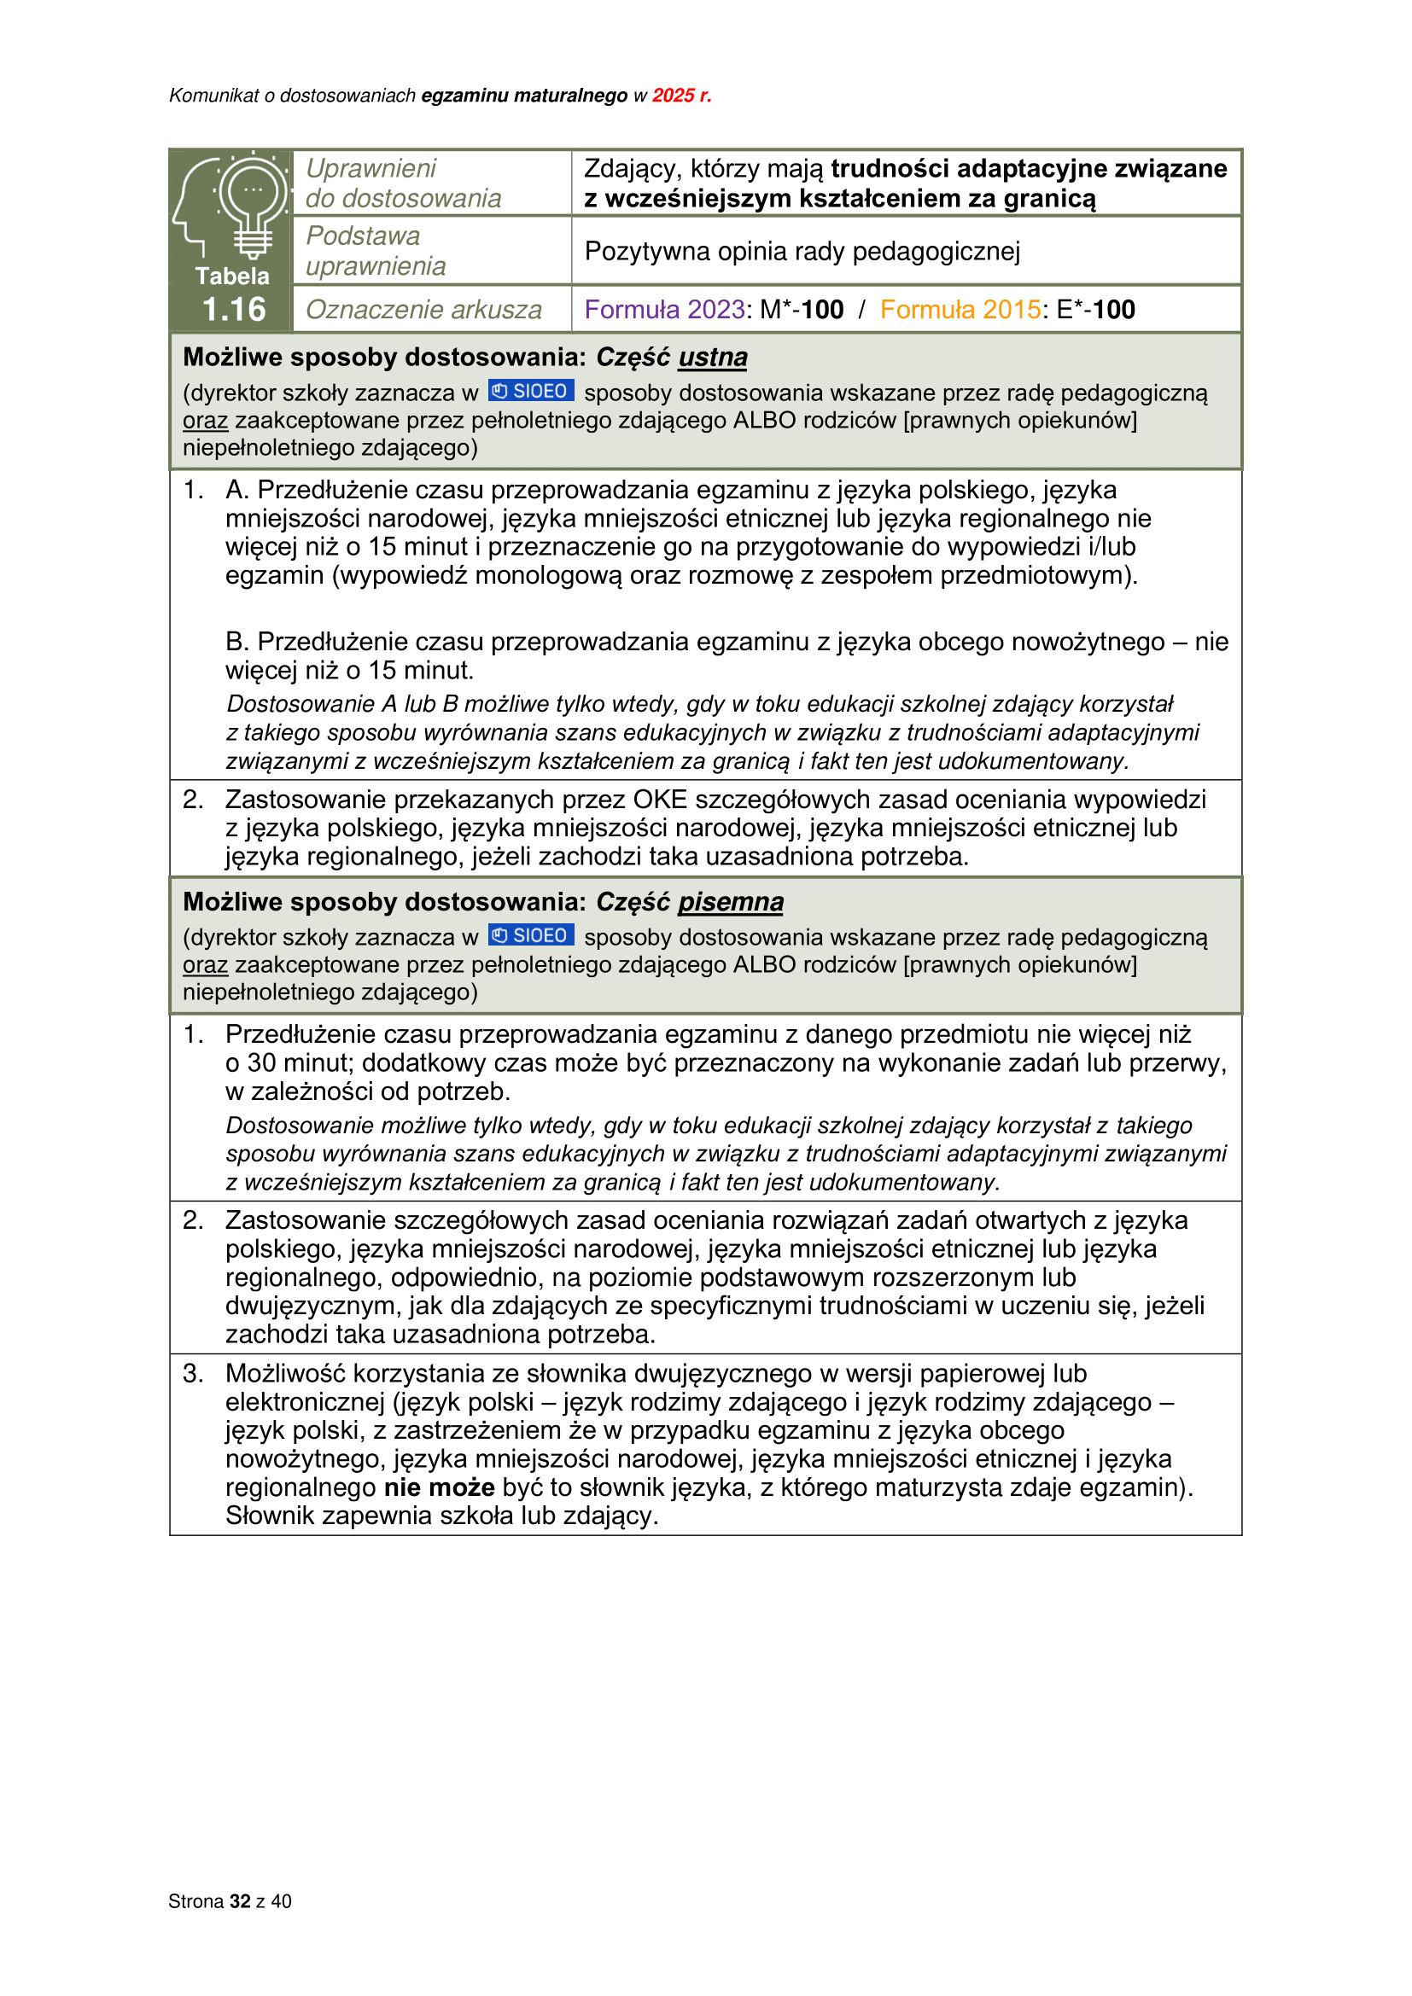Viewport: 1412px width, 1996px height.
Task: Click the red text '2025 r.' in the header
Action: point(681,96)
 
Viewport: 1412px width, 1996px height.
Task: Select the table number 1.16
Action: point(233,310)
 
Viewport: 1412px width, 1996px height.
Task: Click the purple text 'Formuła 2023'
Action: point(664,310)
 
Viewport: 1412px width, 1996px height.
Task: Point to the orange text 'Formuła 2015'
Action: point(960,310)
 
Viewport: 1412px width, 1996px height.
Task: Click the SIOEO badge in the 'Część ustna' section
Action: point(530,391)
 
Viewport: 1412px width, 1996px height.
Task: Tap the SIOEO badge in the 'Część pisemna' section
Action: point(530,935)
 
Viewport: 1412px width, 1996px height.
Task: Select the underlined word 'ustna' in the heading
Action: point(712,358)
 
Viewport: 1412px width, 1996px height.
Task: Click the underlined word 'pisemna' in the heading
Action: point(731,901)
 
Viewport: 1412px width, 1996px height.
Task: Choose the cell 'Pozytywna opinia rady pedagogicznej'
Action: point(802,251)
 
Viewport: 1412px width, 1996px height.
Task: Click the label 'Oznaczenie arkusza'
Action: point(423,310)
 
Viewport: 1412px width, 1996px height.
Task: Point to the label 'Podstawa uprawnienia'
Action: point(376,251)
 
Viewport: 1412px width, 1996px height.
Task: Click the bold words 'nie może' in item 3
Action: point(439,1487)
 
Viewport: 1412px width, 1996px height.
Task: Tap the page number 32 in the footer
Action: point(240,1901)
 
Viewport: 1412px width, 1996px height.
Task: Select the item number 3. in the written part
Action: point(192,1375)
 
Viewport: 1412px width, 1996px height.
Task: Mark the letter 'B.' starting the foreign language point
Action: point(237,642)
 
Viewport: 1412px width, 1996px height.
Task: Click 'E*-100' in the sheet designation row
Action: point(1095,310)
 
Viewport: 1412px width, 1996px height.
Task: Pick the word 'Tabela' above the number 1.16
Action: point(232,276)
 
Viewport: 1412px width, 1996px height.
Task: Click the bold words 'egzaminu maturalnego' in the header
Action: point(524,96)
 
